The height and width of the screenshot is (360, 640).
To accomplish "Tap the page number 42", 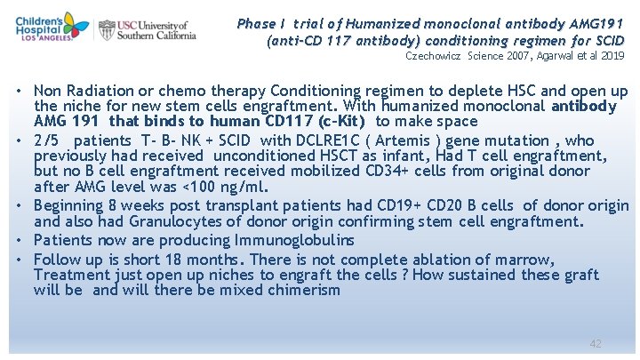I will point(596,343).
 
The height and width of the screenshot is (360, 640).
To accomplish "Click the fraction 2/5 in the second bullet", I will point(48,140).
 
